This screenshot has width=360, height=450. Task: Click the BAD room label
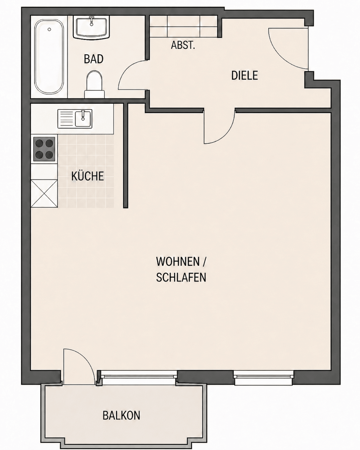pyautogui.click(x=93, y=59)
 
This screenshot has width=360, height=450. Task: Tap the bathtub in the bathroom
pyautogui.click(x=49, y=57)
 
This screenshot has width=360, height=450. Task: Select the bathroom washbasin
pyautogui.click(x=91, y=28)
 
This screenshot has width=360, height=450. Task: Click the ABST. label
pyautogui.click(x=183, y=45)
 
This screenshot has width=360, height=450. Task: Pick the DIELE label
pyautogui.click(x=244, y=75)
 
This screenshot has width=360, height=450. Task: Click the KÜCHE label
pyautogui.click(x=88, y=176)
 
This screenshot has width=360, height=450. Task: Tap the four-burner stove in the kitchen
pyautogui.click(x=44, y=149)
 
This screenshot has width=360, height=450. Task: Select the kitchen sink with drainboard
pyautogui.click(x=75, y=119)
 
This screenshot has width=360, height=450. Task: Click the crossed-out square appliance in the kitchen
pyautogui.click(x=44, y=194)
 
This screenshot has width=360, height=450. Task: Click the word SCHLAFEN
pyautogui.click(x=181, y=278)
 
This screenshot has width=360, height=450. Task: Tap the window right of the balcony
pyautogui.click(x=263, y=378)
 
